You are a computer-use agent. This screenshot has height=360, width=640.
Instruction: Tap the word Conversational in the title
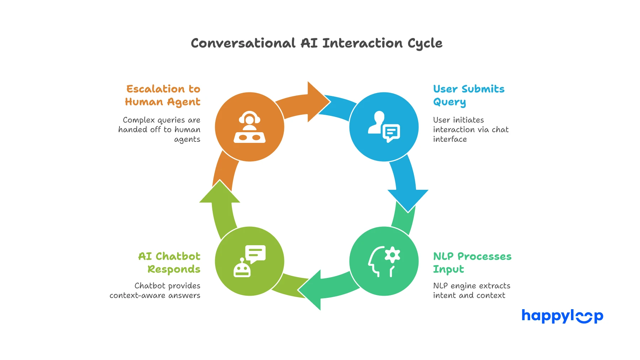243,43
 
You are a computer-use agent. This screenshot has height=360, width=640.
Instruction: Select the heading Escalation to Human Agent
163,95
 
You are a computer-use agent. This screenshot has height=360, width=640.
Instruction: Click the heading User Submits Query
468,95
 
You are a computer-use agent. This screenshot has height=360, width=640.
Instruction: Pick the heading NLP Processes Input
472,263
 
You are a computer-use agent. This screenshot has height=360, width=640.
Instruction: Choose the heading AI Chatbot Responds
169,263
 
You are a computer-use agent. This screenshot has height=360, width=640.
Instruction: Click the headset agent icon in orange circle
250,127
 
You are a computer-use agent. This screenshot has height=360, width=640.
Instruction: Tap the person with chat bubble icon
384,127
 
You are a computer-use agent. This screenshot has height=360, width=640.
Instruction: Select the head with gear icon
384,261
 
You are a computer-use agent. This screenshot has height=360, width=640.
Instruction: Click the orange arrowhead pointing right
318,102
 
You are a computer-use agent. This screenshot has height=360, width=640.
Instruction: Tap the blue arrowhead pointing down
408,199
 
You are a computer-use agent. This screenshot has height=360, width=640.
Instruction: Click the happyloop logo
562,316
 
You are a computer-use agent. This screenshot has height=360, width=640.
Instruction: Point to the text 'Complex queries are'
161,120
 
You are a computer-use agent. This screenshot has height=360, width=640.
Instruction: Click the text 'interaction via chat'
470,130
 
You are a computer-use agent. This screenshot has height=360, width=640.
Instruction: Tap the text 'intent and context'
469,296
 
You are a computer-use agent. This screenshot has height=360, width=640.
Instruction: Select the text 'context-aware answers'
155,296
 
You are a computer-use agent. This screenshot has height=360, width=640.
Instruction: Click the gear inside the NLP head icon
392,255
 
